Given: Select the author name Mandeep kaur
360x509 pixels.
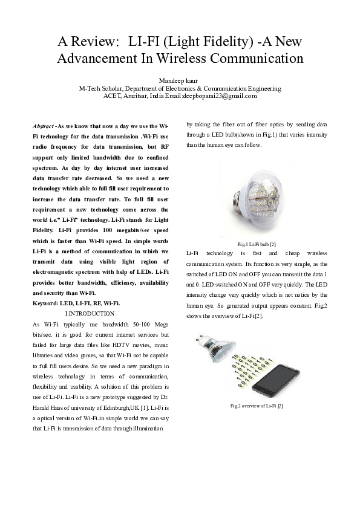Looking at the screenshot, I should click(x=180, y=80).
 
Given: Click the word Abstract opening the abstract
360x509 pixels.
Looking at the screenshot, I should click(x=42, y=125).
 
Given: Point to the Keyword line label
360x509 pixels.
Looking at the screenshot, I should click(x=45, y=303).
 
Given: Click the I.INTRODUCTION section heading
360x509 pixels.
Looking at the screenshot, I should click(x=89, y=313).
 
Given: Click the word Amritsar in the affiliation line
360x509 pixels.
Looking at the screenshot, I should click(x=137, y=96).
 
